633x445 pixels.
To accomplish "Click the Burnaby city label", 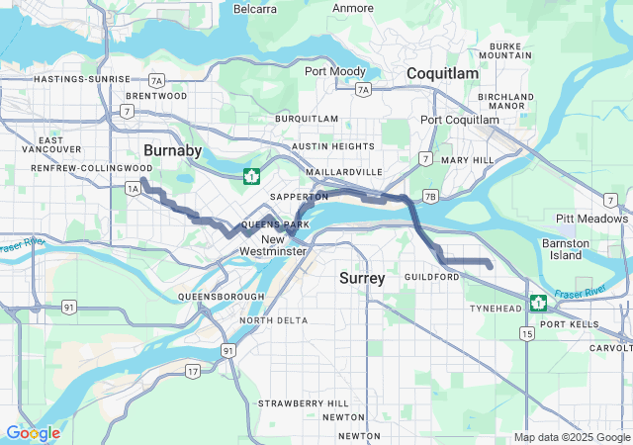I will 172,150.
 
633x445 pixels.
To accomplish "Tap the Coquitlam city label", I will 442,74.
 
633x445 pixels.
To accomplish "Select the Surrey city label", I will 362,278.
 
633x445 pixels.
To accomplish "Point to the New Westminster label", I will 273,245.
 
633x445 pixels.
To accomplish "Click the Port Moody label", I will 334,70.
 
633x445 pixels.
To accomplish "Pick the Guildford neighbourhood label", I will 432,278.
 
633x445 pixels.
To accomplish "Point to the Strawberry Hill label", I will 303,403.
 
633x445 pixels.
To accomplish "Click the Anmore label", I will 352,9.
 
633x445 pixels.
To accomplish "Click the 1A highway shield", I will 133,187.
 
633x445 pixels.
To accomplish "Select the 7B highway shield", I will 429,196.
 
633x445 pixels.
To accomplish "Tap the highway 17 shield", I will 192,371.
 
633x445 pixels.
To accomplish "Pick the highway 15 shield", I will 527,334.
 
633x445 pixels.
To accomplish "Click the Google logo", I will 33,433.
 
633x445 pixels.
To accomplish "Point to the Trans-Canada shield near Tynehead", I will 538,303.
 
